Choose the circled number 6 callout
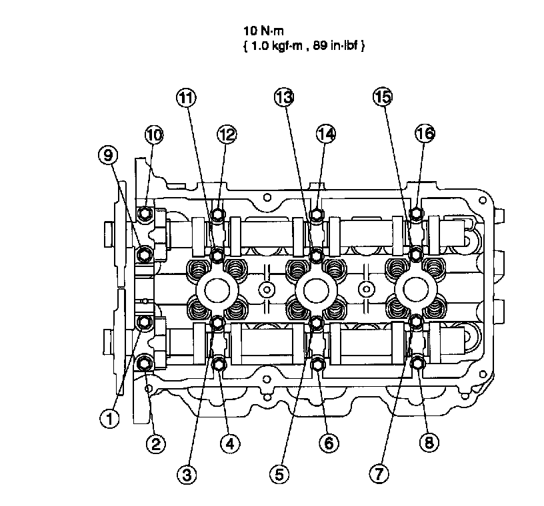click(327, 443)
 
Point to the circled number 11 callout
click(186, 98)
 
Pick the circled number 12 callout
click(227, 134)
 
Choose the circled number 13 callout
click(283, 98)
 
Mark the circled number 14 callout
click(325, 134)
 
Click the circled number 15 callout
click(381, 98)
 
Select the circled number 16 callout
click(425, 134)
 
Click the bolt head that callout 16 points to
click(416, 214)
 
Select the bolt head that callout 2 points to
click(145, 363)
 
